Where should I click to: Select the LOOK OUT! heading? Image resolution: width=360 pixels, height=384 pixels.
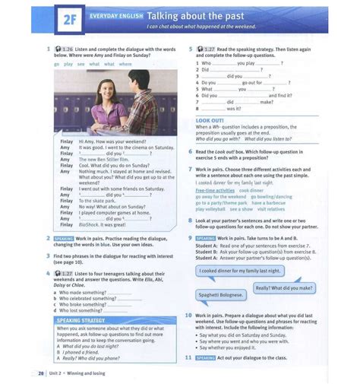[210, 121]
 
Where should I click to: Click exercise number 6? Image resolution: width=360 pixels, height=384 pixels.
[191, 151]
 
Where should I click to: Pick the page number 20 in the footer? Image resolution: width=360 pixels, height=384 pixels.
[40, 373]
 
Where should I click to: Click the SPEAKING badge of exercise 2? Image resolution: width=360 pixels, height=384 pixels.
[65, 238]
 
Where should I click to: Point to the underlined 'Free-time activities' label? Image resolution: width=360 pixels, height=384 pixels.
[216, 189]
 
